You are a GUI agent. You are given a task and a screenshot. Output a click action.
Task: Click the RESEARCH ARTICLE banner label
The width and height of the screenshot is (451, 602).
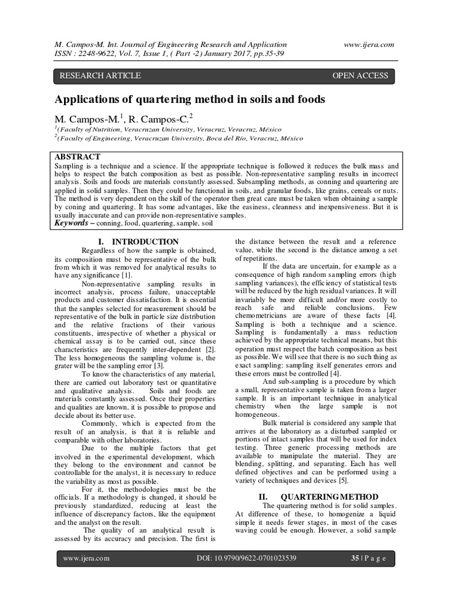100,75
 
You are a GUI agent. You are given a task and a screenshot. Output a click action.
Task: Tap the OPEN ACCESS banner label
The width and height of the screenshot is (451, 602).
361,75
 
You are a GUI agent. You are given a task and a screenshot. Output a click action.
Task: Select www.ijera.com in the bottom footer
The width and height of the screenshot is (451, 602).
87,558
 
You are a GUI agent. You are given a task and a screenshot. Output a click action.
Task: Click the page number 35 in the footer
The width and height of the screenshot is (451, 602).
355,558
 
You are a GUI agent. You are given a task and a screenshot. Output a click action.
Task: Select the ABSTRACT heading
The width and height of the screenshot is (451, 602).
78,157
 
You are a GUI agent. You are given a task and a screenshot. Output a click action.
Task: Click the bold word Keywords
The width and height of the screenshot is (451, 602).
73,223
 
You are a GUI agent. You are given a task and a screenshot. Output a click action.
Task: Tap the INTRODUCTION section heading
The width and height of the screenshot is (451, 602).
146,242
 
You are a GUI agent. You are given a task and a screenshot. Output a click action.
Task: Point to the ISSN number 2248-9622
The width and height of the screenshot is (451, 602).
103,54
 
